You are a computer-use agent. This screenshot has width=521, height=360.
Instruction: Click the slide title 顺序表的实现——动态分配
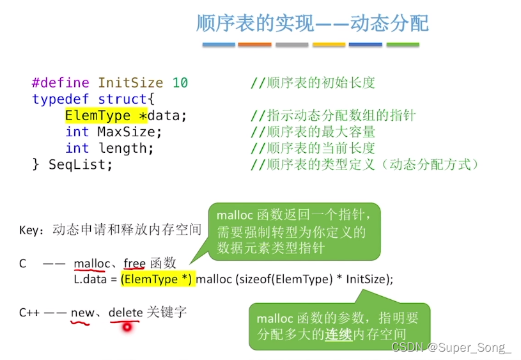coord(312,24)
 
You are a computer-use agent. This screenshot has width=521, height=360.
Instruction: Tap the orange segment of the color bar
coord(254,45)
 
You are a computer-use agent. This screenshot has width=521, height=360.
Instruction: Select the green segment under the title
coord(403,45)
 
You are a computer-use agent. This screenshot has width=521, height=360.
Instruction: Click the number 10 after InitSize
coord(180,82)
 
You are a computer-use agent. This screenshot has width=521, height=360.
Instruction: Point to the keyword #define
coord(61,82)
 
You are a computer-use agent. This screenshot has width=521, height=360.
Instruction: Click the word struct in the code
coord(122,99)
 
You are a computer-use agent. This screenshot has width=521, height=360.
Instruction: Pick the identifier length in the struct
coord(126,148)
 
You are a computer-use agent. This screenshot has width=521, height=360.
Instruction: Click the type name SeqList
coord(81,164)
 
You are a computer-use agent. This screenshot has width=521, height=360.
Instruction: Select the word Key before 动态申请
coord(29,230)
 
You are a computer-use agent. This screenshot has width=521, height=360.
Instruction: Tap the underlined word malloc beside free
coord(92,263)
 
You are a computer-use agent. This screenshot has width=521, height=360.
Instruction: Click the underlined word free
coord(134,263)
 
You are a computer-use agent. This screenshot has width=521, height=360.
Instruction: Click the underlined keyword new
coord(82,313)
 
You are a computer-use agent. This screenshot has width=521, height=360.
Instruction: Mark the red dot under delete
coord(127,327)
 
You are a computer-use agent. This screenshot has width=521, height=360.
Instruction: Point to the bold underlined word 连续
coord(338,334)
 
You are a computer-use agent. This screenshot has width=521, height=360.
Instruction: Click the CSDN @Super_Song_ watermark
coord(451,347)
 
